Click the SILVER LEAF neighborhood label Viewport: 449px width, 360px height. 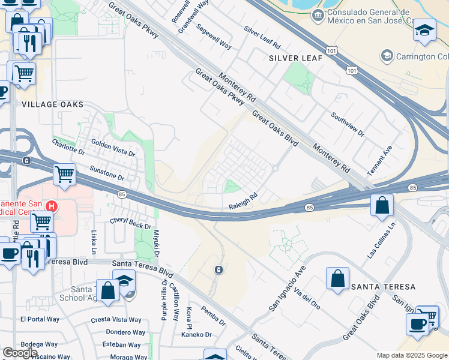(x=296, y=58)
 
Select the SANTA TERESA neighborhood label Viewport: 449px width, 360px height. (x=383, y=287)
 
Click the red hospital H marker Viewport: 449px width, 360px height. (x=52, y=206)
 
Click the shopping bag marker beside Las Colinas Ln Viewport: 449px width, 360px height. (x=382, y=206)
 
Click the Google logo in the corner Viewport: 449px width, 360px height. (x=20, y=353)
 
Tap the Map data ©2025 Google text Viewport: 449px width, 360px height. (x=412, y=355)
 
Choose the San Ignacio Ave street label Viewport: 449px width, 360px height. (x=287, y=292)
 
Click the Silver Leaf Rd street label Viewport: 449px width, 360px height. (x=262, y=37)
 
